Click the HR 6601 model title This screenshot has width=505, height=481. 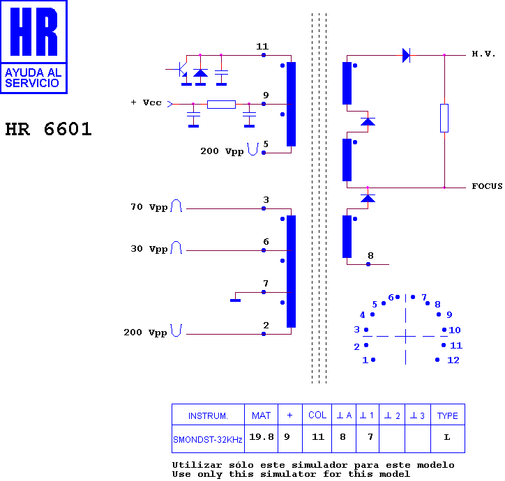(48, 129)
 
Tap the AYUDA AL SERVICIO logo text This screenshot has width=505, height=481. (33, 78)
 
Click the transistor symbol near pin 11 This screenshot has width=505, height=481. (181, 68)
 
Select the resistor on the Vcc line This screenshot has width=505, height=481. (221, 105)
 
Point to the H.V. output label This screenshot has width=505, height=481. (483, 54)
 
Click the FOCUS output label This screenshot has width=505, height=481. (487, 186)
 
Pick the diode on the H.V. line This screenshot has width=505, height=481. (406, 55)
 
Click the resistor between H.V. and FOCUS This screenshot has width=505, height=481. (444, 118)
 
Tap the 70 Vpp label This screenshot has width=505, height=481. (149, 207)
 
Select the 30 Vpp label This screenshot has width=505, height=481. (149, 249)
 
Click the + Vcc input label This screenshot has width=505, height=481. (146, 102)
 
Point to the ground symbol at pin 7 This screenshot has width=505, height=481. (236, 300)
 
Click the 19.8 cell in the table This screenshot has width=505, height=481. (261, 437)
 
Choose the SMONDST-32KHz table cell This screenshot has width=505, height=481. (208, 439)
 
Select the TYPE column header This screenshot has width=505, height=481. (447, 415)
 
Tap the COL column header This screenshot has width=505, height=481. (317, 415)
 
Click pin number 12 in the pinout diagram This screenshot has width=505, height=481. (453, 360)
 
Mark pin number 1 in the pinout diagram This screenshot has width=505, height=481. (365, 360)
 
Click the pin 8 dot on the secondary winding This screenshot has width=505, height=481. (368, 264)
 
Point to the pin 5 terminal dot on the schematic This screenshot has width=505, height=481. (264, 153)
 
